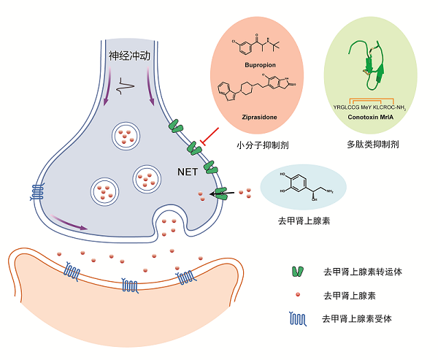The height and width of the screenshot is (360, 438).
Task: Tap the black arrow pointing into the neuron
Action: pyautogui.click(x=218, y=193)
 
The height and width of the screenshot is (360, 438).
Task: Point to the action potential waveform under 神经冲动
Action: pyautogui.click(x=128, y=83)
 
